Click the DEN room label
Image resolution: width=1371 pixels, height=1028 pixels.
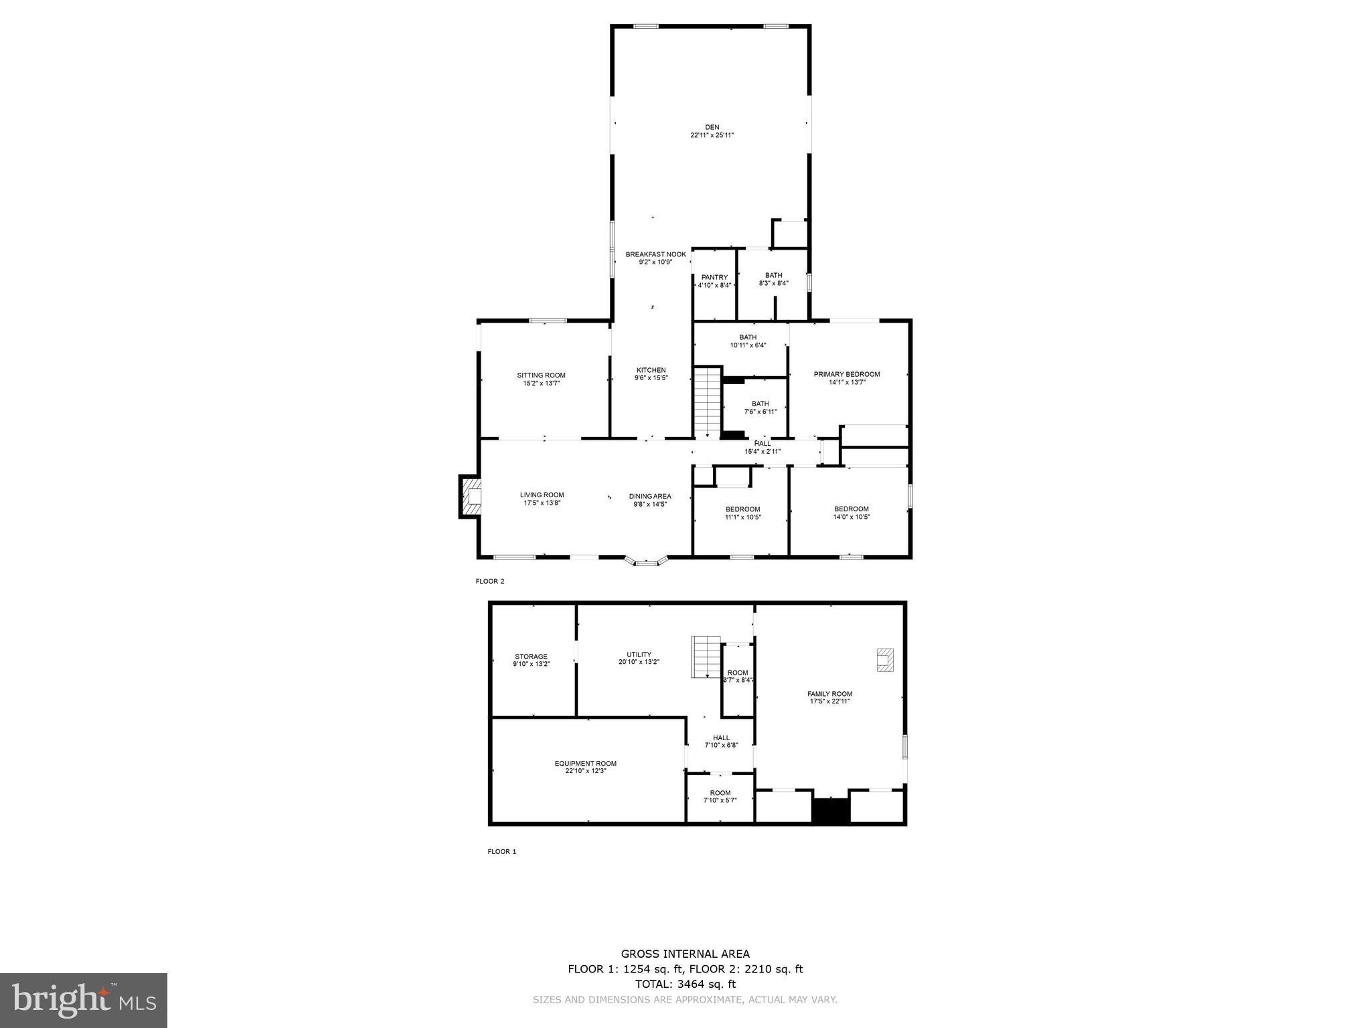point(712,127)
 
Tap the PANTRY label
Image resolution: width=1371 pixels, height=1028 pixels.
point(714,277)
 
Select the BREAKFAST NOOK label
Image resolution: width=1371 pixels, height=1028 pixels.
point(655,254)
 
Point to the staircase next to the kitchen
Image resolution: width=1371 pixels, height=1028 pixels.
point(707,402)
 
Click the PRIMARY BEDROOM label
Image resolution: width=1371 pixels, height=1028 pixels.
point(846,374)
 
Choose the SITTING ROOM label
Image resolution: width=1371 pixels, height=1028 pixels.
point(541,375)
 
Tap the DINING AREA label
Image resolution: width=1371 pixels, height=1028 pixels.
point(649,496)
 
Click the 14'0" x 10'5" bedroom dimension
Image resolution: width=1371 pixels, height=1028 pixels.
point(852,517)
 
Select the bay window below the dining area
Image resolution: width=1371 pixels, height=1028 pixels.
point(646,561)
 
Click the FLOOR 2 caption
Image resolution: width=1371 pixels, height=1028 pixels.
point(490,581)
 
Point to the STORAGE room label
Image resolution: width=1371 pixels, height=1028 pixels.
point(531,657)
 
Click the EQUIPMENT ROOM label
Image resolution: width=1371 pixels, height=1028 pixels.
point(585,764)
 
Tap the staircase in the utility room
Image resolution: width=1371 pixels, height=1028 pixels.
point(706,657)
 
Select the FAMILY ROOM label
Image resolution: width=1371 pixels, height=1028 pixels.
point(829,694)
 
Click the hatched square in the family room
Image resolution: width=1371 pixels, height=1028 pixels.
point(885,660)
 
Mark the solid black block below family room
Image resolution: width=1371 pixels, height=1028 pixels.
point(830,810)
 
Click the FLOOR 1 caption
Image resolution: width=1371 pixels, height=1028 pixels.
point(501,852)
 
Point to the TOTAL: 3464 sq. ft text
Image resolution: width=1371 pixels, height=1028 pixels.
point(685,984)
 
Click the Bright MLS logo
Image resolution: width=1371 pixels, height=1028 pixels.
point(84,1001)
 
